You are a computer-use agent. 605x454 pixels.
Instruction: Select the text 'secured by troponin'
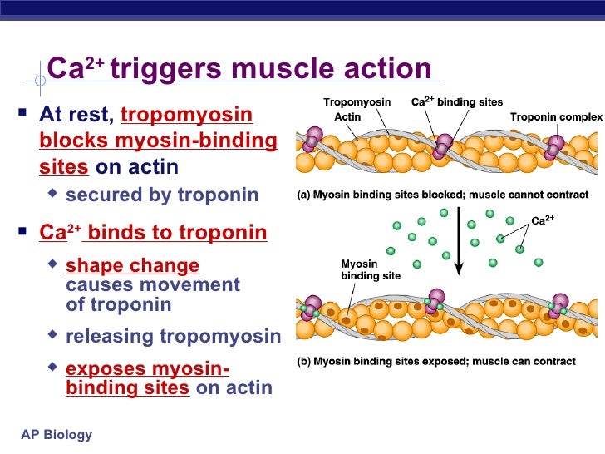[x=162, y=195]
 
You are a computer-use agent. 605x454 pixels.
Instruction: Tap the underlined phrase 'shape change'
[x=132, y=266]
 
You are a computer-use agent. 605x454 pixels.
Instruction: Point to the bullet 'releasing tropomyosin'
[x=173, y=337]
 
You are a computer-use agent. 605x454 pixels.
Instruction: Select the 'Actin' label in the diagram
[x=347, y=117]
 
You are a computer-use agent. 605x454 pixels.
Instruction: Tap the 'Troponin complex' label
[x=556, y=117]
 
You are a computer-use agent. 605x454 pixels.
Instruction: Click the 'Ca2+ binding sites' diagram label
[x=457, y=102]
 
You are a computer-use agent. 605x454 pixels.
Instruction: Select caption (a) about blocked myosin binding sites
[x=443, y=196]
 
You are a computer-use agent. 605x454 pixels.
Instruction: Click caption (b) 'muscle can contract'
[x=436, y=362]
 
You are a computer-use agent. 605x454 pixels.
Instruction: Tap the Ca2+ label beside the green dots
[x=543, y=220]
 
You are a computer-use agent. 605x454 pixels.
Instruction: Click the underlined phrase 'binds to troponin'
[x=176, y=232]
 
